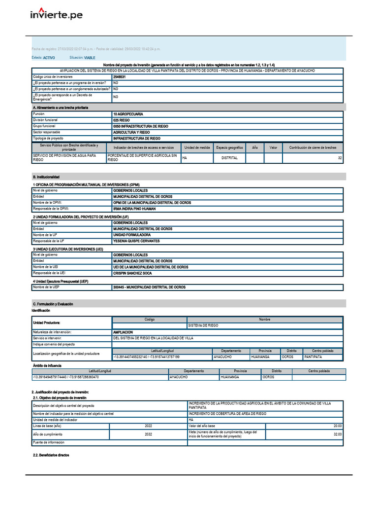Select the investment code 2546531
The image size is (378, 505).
click(119, 77)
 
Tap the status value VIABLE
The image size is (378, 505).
click(90, 58)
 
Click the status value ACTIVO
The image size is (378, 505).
click(49, 58)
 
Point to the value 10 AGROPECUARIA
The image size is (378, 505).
click(128, 114)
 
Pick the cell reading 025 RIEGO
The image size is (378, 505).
click(121, 120)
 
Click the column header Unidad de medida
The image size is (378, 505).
click(197, 147)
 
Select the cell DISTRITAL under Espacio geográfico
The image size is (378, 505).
click(229, 158)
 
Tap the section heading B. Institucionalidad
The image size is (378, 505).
click(46, 177)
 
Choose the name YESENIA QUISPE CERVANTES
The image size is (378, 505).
click(136, 241)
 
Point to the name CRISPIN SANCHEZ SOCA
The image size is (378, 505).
click(132, 273)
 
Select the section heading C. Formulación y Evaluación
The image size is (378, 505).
click(53, 304)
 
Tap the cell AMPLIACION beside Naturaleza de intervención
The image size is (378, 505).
click(123, 332)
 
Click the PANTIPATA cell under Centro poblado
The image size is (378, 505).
click(313, 357)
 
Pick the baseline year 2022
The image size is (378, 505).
click(149, 426)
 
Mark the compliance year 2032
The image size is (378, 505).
click(149, 434)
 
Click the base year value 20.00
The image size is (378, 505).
click(337, 426)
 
